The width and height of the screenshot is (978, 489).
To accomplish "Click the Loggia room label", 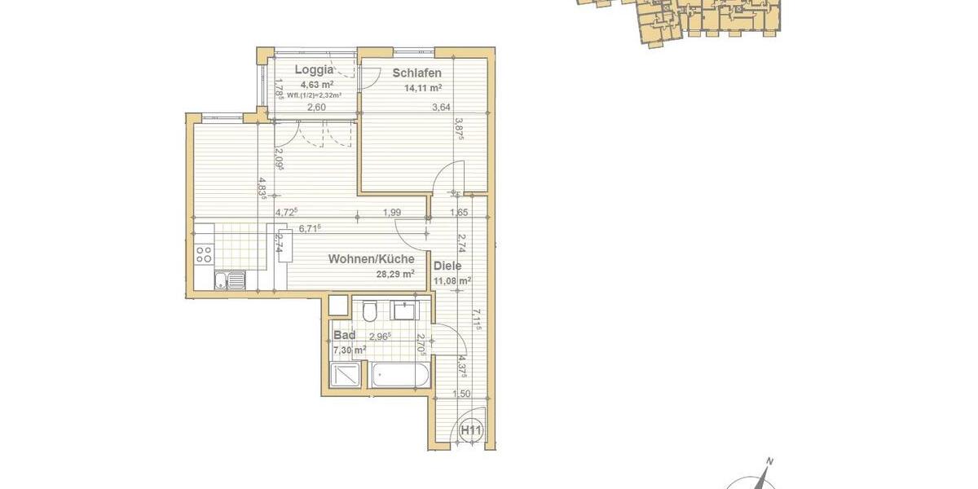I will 314,70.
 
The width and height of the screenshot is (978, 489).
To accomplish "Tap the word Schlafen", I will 416,73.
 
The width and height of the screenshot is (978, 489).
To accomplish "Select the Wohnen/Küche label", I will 371,259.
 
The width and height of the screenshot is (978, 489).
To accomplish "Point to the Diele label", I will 447,266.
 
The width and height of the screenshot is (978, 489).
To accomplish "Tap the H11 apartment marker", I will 470,430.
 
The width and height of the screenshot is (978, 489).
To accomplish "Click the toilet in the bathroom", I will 368,312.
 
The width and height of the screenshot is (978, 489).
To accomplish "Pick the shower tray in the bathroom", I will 348,376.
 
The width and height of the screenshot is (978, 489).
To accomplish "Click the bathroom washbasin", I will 403,311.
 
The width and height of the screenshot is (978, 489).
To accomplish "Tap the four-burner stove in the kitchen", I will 204,254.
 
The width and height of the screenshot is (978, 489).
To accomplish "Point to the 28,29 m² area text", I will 394,275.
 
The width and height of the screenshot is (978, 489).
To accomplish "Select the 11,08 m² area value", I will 453,281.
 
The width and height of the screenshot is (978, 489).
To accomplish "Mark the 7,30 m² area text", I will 349,350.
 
